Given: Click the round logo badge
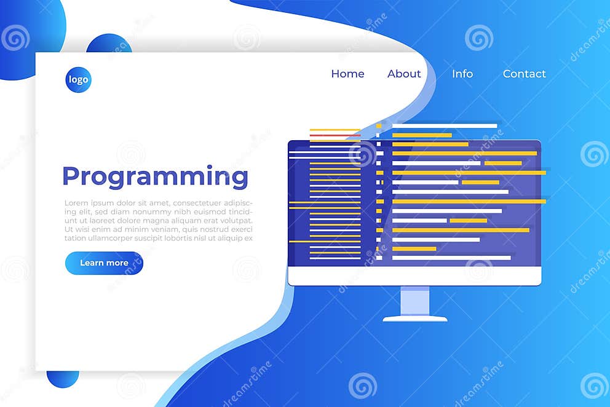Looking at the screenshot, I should point(78,80).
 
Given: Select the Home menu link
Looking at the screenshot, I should point(347,74).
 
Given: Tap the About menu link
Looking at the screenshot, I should point(404,74).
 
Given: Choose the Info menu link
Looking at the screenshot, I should point(462,74).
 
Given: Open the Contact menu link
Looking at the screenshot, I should point(524,74).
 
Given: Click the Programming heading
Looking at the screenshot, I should point(155,177).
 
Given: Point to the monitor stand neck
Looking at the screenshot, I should point(415,301).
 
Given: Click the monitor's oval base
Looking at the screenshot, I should point(415,318).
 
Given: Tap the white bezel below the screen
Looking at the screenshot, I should point(414,276).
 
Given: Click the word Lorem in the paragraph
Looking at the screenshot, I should point(76,203).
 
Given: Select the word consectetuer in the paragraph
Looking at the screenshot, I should point(197,203).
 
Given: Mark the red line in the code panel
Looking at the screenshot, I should point(335,135).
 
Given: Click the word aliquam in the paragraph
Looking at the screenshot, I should point(182,220).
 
